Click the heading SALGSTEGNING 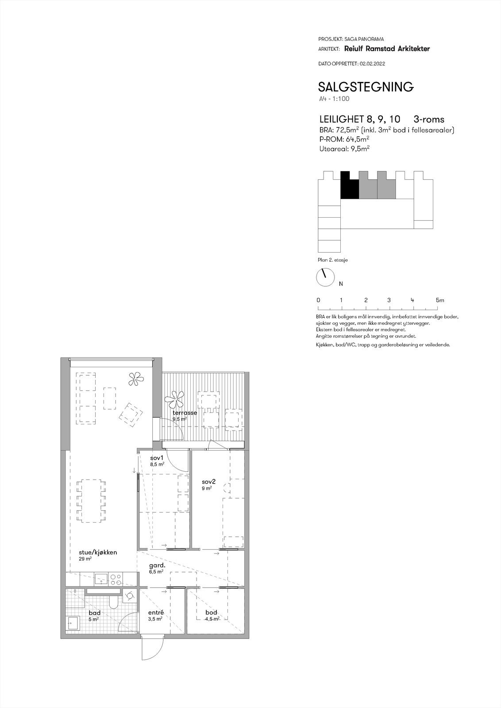point(366,87)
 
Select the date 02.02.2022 point(372,64)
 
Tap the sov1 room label point(157,458)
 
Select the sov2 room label point(208,482)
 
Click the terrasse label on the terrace point(185,412)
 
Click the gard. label point(157,566)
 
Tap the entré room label point(156,612)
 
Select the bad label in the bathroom point(94,612)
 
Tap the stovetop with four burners point(116,578)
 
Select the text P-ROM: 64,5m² point(344,139)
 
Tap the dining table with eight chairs point(92,500)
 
